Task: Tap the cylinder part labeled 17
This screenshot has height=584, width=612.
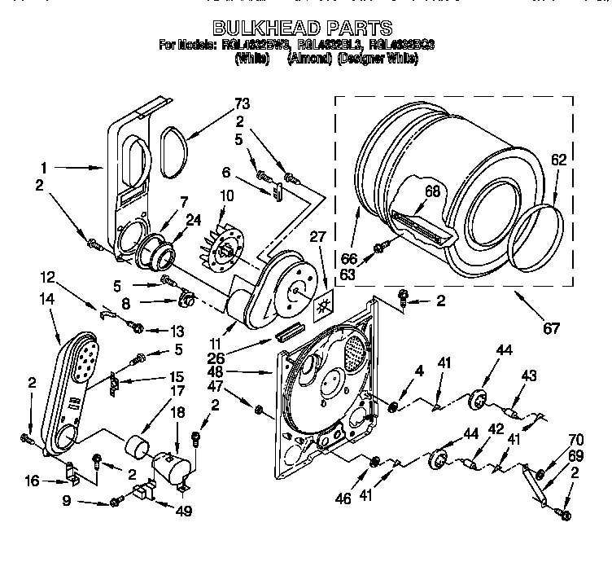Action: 138,448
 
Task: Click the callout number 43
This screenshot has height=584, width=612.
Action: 529,375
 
